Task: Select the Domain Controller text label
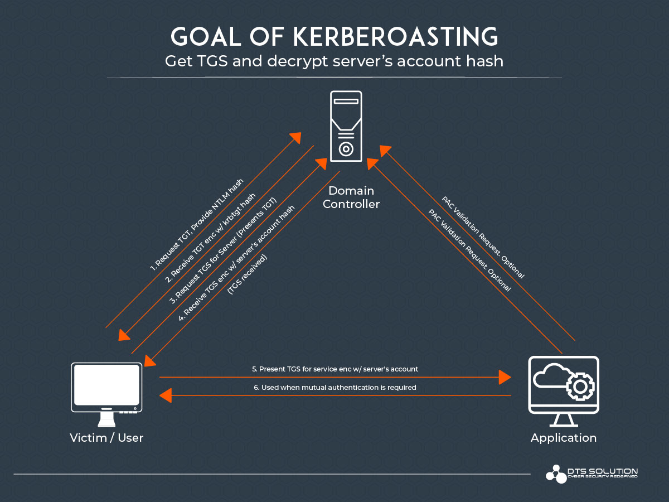click(351, 197)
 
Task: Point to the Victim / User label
click(106, 438)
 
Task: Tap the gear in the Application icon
click(579, 387)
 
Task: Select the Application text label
click(564, 438)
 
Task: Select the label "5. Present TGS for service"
click(334, 369)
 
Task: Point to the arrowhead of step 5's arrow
click(505, 378)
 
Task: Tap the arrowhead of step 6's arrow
click(166, 395)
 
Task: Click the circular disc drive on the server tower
click(346, 149)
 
